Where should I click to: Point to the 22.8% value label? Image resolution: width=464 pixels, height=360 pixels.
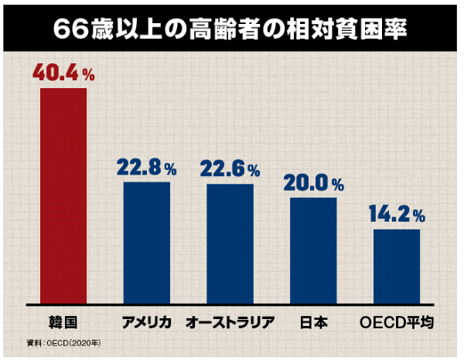tap(147, 168)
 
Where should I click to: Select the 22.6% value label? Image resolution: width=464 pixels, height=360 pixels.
tap(230, 168)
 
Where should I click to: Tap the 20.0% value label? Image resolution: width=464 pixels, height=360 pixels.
tap(313, 184)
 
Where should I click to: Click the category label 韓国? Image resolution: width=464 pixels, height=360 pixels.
tap(63, 321)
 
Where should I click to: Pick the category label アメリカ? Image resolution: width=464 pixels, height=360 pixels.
tap(147, 321)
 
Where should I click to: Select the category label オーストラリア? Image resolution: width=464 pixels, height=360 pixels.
tap(230, 321)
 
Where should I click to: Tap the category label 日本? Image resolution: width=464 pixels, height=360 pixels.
tap(313, 321)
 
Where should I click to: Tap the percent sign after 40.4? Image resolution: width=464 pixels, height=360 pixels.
tap(89, 76)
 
